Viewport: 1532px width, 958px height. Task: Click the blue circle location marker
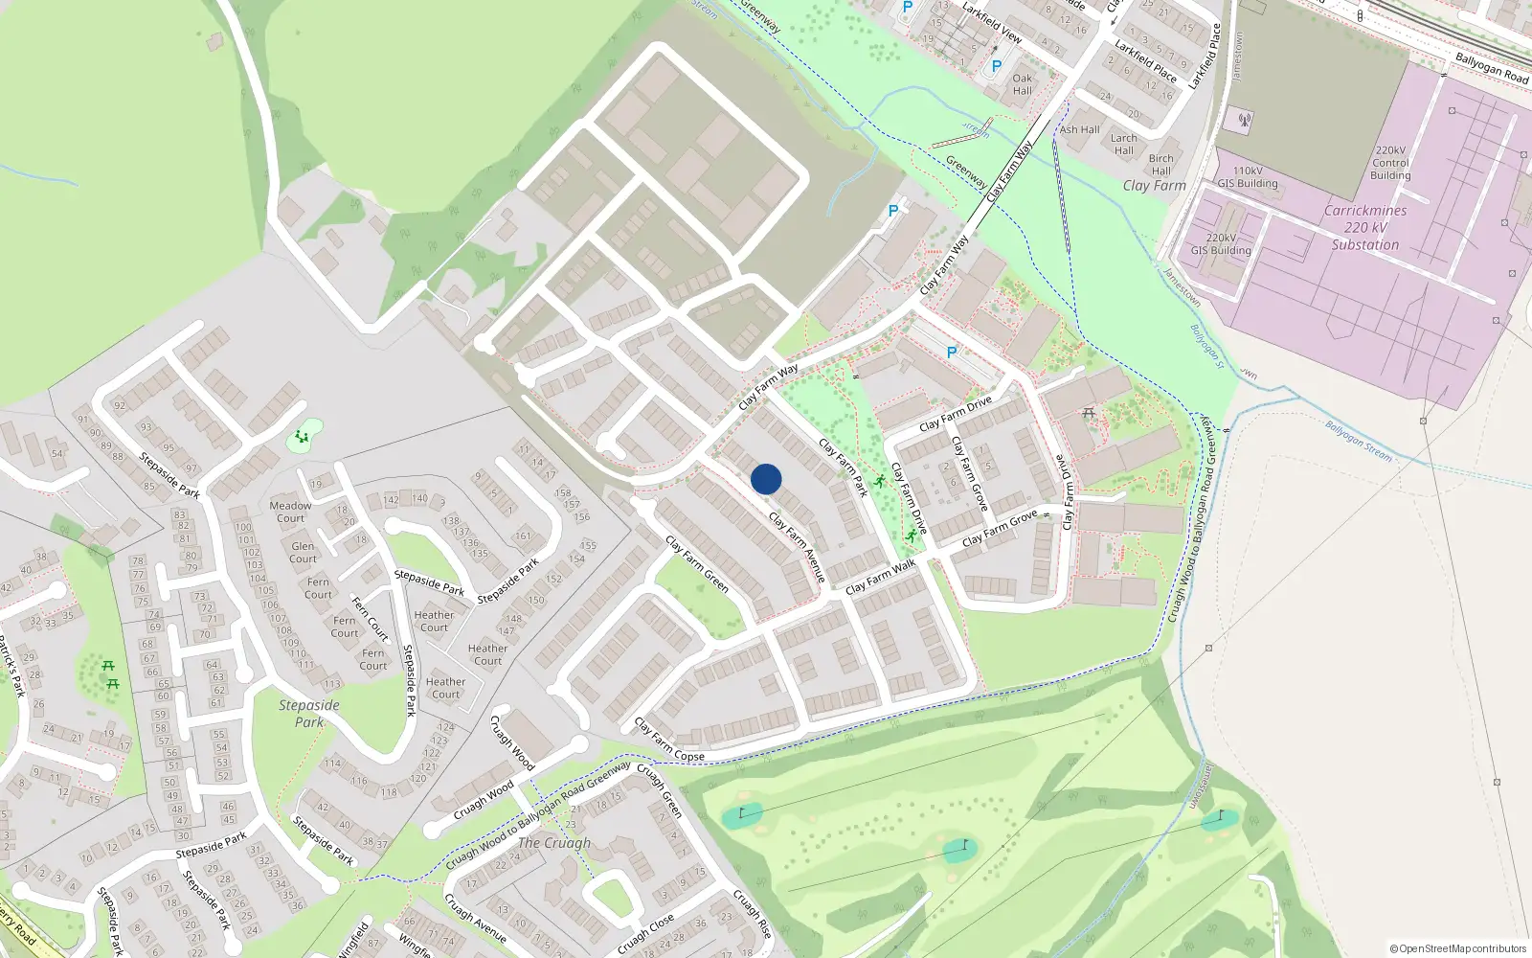coord(766,479)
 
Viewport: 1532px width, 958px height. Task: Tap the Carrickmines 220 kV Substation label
coord(1365,228)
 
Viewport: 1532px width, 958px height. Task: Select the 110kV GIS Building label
coord(1248,177)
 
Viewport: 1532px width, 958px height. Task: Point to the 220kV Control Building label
coord(1390,163)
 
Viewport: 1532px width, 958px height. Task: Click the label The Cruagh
coord(553,843)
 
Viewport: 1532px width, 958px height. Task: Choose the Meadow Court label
coord(290,512)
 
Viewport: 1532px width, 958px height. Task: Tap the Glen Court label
coord(303,553)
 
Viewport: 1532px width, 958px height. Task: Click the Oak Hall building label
coord(1023,84)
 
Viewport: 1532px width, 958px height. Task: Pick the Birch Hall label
coord(1160,165)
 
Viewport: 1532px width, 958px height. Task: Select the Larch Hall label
coord(1124,144)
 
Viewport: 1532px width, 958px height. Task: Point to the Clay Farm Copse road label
coord(669,741)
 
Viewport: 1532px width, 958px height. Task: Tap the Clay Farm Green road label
coord(697,564)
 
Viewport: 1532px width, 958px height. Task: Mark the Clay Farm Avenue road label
coord(797,547)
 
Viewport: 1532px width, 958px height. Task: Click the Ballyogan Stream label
coord(1359,441)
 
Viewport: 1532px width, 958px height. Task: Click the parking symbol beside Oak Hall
coord(996,67)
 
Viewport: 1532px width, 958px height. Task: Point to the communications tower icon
coord(1245,122)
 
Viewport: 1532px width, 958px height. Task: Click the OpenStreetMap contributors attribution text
coord(1457,949)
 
